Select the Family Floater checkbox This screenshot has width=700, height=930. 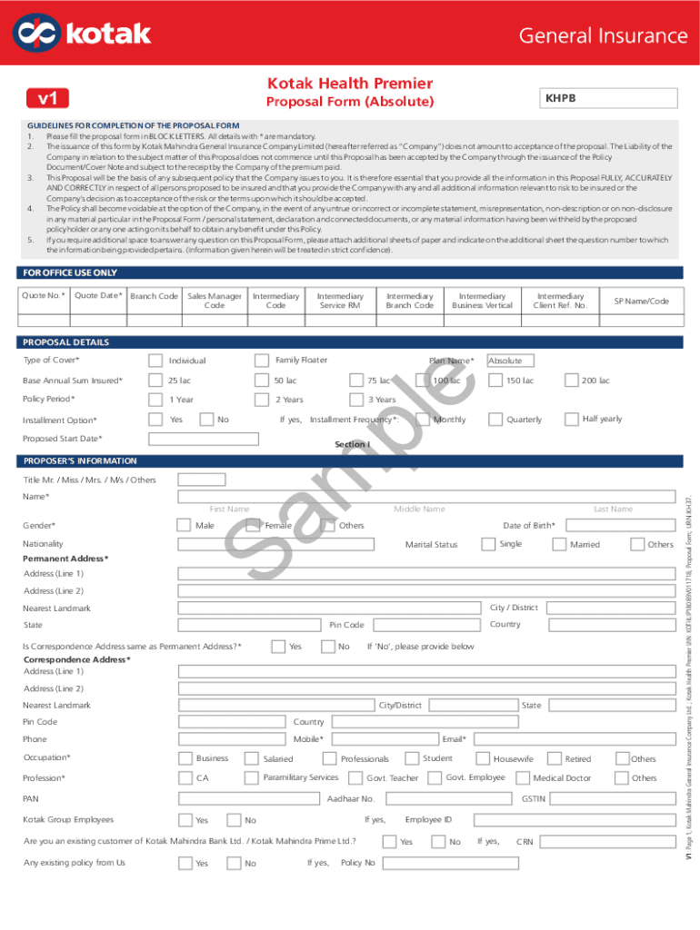[x=262, y=361]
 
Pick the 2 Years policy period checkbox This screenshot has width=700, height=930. [x=262, y=400]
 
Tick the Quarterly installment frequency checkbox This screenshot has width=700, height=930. [x=495, y=420]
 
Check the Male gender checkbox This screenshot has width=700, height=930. [x=184, y=525]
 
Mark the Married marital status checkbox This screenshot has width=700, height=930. [x=558, y=544]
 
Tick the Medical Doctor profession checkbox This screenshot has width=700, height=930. [x=522, y=777]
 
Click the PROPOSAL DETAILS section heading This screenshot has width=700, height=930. [x=66, y=342]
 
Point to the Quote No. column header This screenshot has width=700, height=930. [x=44, y=295]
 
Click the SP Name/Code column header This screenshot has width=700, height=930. [x=641, y=301]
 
